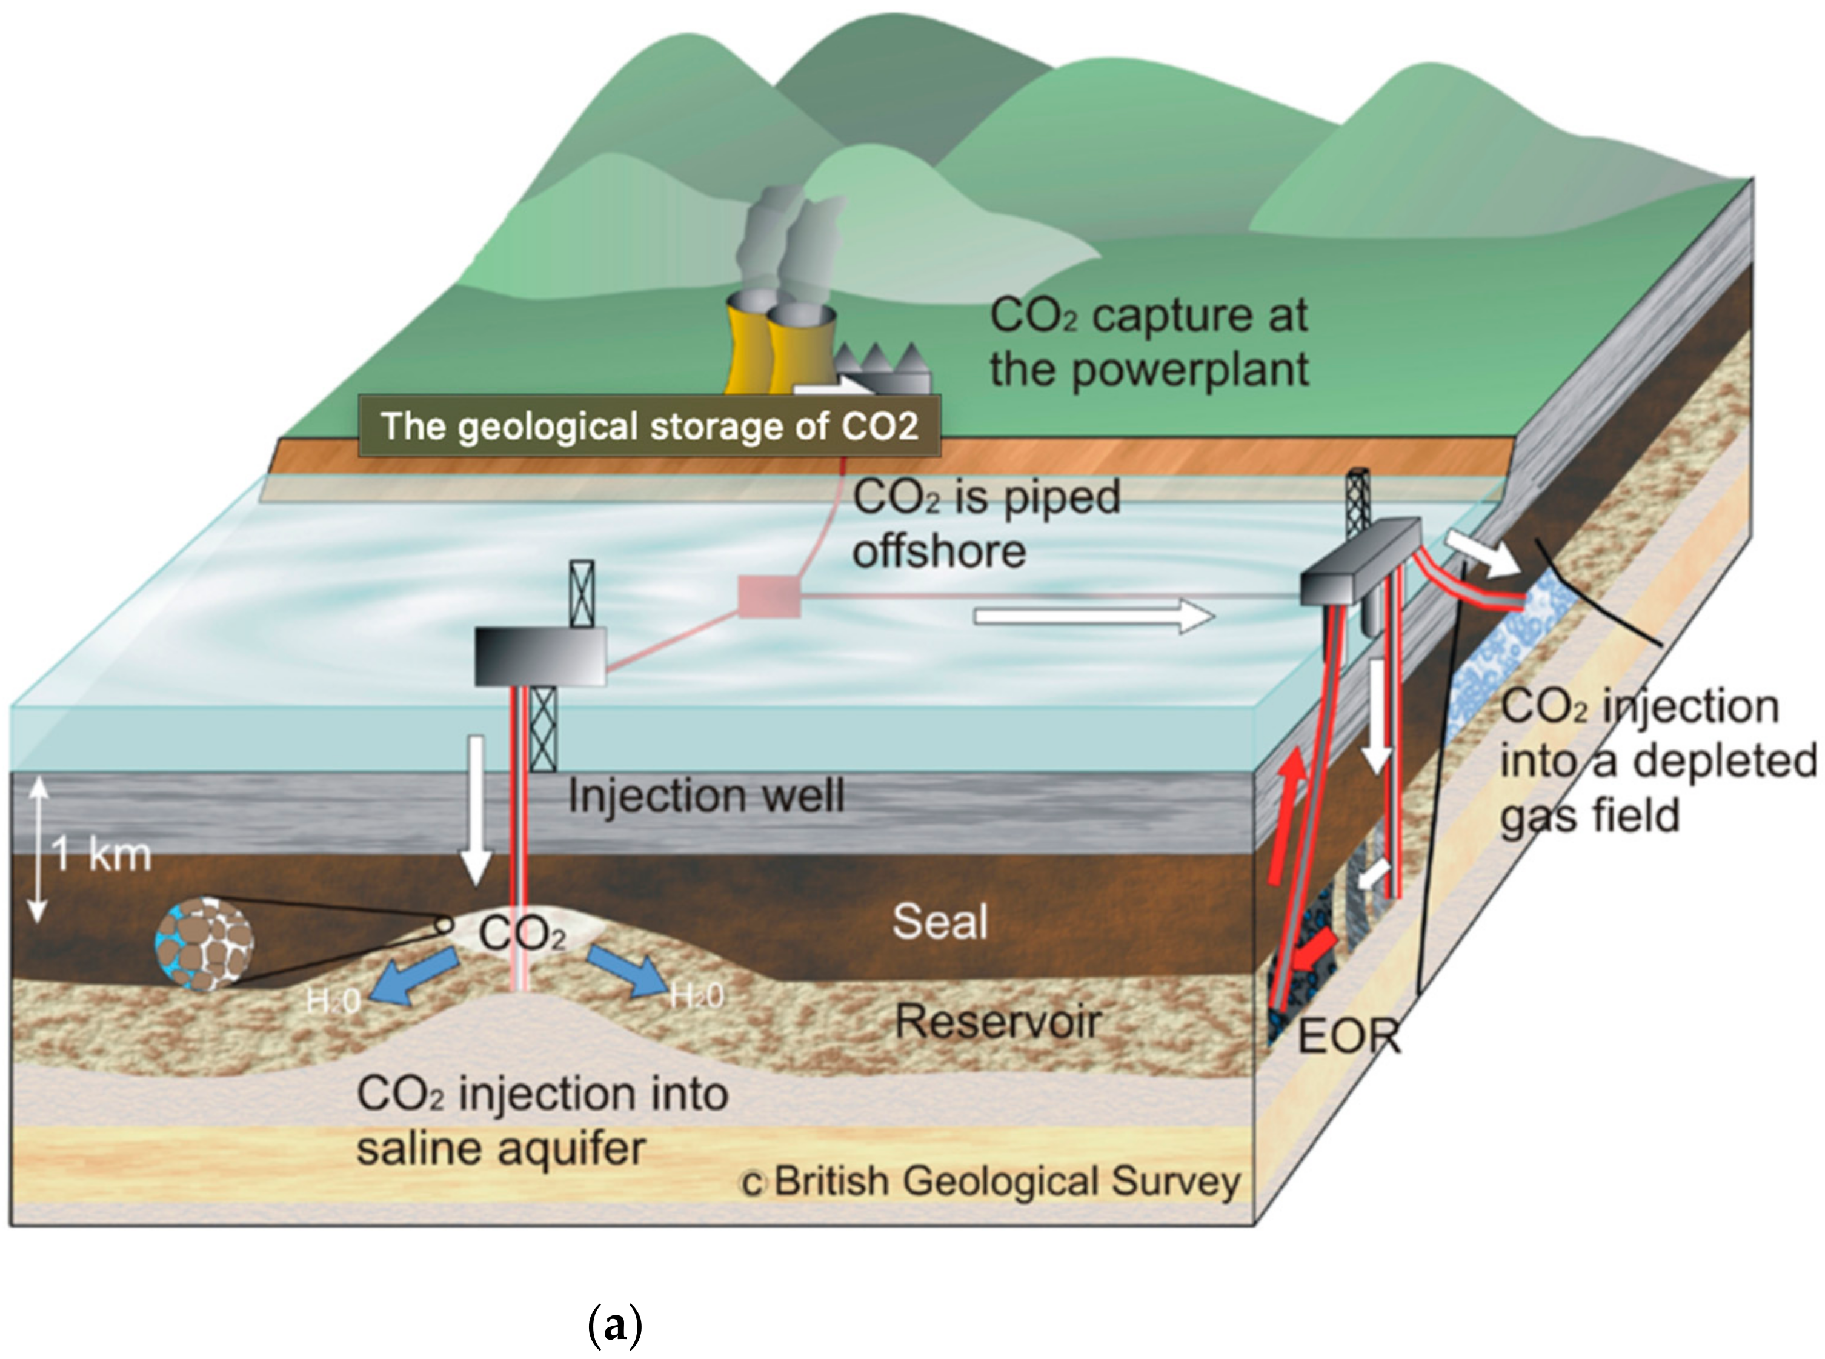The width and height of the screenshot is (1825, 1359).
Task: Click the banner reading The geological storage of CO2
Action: coord(649,426)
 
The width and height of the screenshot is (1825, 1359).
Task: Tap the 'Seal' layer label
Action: coord(939,922)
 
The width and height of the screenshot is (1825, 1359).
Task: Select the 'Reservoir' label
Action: coord(997,1022)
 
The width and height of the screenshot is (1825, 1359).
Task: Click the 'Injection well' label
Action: coord(706,796)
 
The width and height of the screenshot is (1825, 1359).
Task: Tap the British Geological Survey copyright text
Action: coord(991,1182)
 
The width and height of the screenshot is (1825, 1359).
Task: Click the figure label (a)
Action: coord(615,1326)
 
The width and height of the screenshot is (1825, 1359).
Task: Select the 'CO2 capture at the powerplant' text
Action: coord(1148,342)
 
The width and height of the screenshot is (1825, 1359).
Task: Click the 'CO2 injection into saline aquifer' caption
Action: coord(541,1120)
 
